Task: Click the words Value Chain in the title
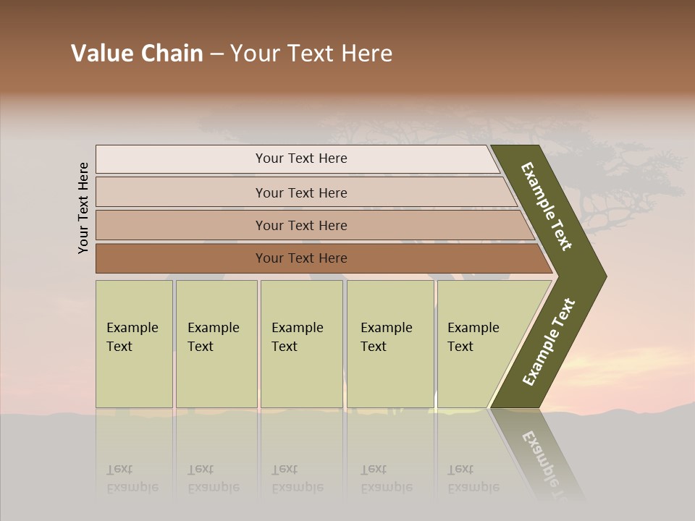pyautogui.click(x=137, y=54)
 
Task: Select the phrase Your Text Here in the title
pyautogui.click(x=311, y=54)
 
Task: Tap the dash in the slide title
pyautogui.click(x=216, y=54)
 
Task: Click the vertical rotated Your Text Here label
pyautogui.click(x=83, y=208)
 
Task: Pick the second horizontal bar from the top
pyautogui.click(x=300, y=192)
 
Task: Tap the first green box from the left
pyautogui.click(x=134, y=344)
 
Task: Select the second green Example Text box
pyautogui.click(x=216, y=344)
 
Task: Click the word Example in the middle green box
pyautogui.click(x=297, y=328)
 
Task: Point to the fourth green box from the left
pyautogui.click(x=390, y=344)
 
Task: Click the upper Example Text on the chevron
pyautogui.click(x=547, y=206)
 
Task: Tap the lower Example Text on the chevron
pyautogui.click(x=549, y=342)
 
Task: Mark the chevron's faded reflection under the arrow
pyautogui.click(x=543, y=456)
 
